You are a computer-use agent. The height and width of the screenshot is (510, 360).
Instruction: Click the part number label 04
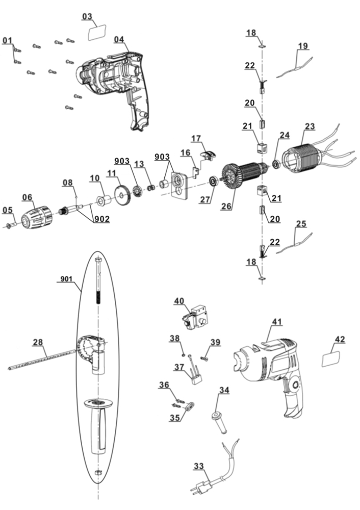pos(118,39)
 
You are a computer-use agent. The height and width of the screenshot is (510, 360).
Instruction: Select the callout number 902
pos(100,220)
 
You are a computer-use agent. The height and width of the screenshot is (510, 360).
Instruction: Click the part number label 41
pos(276,322)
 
